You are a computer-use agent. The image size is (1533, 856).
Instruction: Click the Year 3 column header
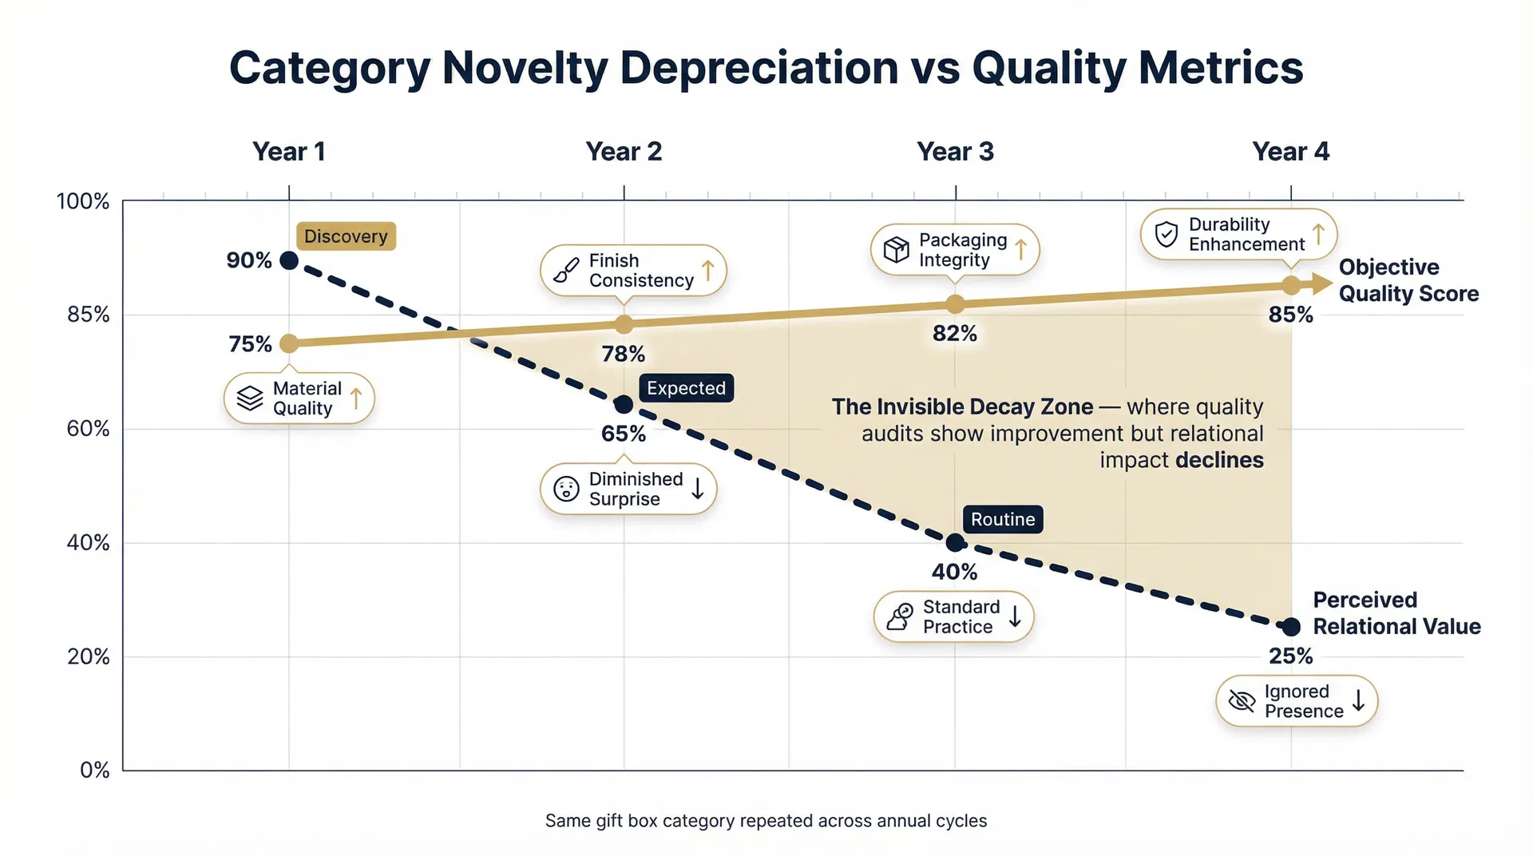click(955, 152)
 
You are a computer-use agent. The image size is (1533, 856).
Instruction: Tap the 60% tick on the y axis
click(88, 429)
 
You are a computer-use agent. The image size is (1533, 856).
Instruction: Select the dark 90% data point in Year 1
click(289, 260)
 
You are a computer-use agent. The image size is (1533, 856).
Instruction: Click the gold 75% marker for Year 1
click(289, 343)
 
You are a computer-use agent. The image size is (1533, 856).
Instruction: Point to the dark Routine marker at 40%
click(955, 543)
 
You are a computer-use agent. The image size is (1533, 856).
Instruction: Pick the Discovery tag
click(346, 236)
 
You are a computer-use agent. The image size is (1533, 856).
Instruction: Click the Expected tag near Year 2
click(686, 388)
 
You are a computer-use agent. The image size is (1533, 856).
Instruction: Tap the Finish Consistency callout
click(632, 271)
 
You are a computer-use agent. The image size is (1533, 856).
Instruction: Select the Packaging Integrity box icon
click(896, 250)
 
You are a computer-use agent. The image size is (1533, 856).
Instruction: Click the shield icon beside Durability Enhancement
click(1167, 234)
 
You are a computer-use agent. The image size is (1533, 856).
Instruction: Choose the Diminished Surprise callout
click(628, 489)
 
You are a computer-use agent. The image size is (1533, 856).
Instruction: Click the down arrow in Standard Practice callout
click(1015, 616)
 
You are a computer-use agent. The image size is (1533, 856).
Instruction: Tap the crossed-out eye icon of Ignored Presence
click(1242, 701)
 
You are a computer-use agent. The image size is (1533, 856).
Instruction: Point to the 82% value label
click(955, 333)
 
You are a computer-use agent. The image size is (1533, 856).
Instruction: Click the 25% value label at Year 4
click(1290, 656)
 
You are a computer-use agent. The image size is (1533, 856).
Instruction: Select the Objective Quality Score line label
click(1408, 280)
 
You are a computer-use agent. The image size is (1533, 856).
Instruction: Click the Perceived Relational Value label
click(1396, 613)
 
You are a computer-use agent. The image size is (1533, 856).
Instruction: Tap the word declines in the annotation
click(1219, 461)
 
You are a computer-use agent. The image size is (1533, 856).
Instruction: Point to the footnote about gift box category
click(766, 821)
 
